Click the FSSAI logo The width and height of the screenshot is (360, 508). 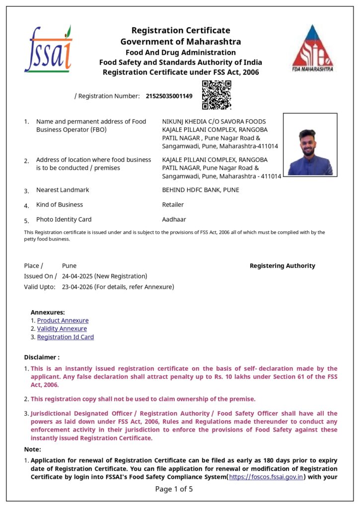[48, 49]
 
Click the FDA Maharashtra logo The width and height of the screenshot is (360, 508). [312, 48]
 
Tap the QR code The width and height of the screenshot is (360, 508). [216, 95]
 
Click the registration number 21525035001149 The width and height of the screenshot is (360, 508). [169, 96]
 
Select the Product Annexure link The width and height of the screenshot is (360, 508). [63, 320]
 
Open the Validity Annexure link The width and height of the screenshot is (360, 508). [62, 328]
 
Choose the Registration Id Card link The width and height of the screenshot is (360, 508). [66, 337]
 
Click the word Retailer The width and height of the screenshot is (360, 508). [173, 204]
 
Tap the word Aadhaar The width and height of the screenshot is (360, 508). [174, 219]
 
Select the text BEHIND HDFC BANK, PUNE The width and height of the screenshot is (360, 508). [201, 190]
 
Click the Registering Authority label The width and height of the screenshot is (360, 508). [282, 266]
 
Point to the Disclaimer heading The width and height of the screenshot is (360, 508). [42, 357]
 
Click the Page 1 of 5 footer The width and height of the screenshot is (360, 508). [174, 489]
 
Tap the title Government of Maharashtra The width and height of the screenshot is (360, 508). [181, 42]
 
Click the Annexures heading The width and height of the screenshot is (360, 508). [48, 312]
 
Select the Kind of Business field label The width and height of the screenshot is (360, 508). [60, 204]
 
